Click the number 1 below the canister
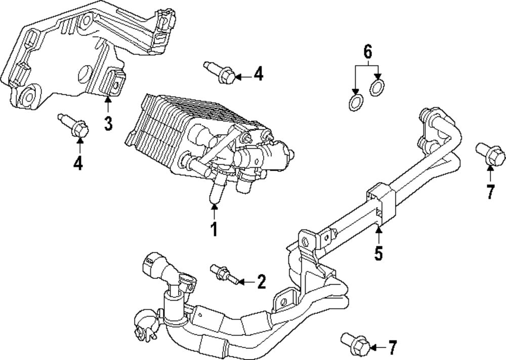click(214, 229)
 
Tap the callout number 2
click(261, 282)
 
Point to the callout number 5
click(379, 252)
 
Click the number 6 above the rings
click(368, 51)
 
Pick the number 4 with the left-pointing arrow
click(259, 75)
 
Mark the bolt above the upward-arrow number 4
click(76, 126)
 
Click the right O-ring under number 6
click(376, 88)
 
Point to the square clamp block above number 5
click(379, 198)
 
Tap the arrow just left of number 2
click(245, 281)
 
